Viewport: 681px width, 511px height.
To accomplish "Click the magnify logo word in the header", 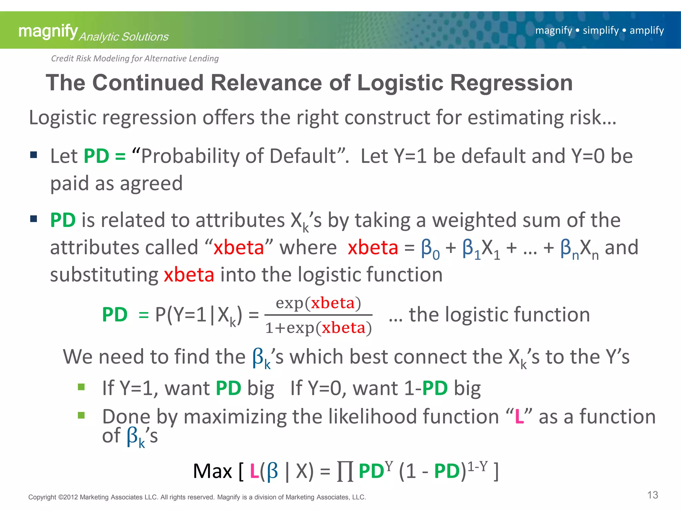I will point(48,32).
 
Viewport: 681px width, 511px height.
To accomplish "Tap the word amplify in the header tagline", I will point(646,30).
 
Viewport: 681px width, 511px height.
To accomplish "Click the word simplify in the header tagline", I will point(601,30).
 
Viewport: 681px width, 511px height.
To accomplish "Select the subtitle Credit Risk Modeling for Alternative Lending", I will point(135,59).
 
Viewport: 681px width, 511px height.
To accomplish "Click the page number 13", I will point(652,495).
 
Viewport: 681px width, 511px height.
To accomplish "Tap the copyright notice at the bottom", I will point(197,497).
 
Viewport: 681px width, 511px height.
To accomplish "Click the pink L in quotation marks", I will point(519,417).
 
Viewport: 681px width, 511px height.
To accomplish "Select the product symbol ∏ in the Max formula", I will point(345,471).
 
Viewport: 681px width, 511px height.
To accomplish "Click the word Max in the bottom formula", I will point(212,471).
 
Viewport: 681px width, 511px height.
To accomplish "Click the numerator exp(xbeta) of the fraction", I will point(318,303).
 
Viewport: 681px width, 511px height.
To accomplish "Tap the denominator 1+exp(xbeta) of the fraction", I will point(318,328).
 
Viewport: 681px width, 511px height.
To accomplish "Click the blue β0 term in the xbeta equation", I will point(430,249).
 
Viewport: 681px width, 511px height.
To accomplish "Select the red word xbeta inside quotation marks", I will point(238,248).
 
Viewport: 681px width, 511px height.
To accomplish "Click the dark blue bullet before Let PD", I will point(34,155).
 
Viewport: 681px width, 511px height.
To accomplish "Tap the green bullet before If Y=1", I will point(81,387).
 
